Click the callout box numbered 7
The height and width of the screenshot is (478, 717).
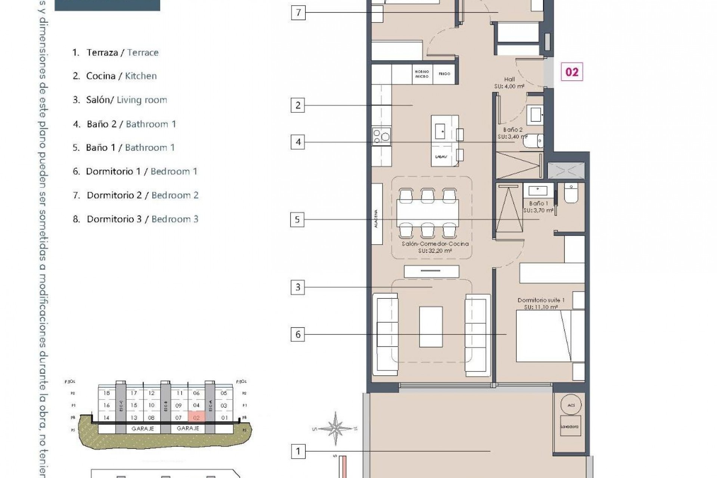coord(298,13)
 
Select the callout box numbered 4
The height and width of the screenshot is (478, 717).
coord(298,142)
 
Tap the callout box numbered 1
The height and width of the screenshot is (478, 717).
coord(298,451)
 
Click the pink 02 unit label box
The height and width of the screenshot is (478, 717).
coord(572,72)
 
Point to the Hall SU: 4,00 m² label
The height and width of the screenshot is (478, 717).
coord(509,83)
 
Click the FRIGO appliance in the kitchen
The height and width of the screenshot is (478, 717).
coord(444,74)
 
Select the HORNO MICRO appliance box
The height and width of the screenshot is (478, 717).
coord(422,74)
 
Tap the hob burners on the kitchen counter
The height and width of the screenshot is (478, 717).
coord(381,136)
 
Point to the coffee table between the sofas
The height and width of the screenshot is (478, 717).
coord(431,327)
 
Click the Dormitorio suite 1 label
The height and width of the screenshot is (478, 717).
coord(541,303)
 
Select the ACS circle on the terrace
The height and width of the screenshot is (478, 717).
coord(571,405)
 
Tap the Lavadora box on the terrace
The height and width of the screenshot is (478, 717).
coord(569,426)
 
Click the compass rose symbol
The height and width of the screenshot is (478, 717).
coord(336,428)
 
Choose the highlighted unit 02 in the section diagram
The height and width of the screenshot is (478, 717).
coord(196,417)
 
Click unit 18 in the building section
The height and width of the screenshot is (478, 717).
coord(107,393)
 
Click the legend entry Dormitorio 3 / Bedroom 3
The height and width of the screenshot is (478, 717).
coord(136,219)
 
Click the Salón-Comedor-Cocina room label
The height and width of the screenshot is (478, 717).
coord(435,247)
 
